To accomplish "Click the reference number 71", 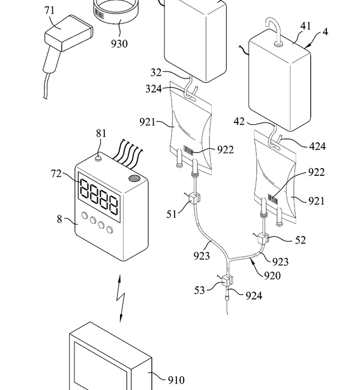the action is coord(49,10).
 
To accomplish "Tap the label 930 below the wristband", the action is coord(119,44).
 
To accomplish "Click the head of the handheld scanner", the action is coord(69,33).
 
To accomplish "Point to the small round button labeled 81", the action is coord(98,158).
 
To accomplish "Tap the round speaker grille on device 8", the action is coord(134,178).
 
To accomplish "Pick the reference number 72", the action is coord(56,173).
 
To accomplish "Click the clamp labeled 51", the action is coord(194,199).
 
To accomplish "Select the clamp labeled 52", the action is coord(262,239).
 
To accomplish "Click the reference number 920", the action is coord(272,275).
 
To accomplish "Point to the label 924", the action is coord(254,296).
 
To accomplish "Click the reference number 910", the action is coord(176,380).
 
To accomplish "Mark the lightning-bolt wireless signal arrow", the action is coord(121,298).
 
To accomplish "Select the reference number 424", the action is coord(317,146).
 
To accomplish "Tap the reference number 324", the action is coord(154,89).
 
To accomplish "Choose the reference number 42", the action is coord(239,122).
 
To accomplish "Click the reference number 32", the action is coord(156,73).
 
